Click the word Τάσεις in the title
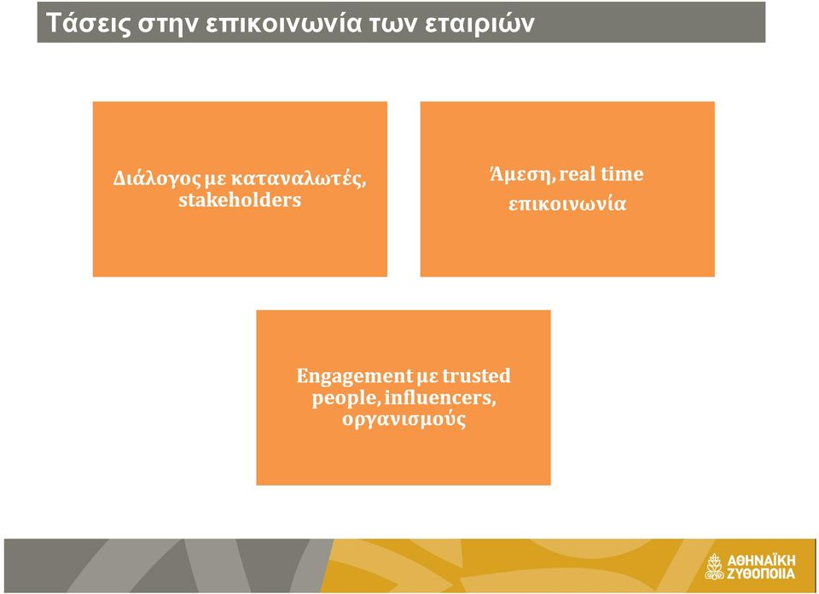88,24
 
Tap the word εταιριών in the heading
479,24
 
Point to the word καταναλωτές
299,178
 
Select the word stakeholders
240,200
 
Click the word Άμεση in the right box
522,173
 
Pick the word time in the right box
622,173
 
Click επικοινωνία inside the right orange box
567,203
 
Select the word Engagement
355,376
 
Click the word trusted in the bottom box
476,376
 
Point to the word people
345,399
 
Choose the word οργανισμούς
404,420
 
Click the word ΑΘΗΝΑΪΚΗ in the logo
761,561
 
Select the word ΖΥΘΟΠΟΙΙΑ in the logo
761,574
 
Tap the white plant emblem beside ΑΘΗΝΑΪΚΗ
714,567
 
